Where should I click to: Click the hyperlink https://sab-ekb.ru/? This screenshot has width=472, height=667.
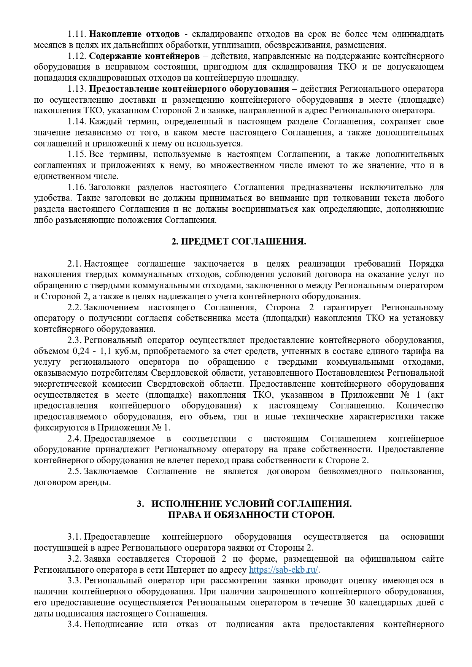pyautogui.click(x=283, y=570)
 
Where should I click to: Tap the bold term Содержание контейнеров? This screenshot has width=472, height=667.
pyautogui.click(x=144, y=56)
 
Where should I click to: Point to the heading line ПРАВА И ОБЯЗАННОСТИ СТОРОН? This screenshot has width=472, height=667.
pyautogui.click(x=251, y=515)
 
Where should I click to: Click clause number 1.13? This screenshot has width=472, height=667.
pyautogui.click(x=77, y=89)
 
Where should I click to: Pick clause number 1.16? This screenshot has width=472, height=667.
pyautogui.click(x=77, y=187)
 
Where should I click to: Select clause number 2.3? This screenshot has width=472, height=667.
pyautogui.click(x=75, y=340)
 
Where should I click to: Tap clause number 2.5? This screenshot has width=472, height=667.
pyautogui.click(x=75, y=472)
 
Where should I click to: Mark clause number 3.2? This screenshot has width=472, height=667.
pyautogui.click(x=75, y=559)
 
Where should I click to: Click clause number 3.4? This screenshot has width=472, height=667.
pyautogui.click(x=75, y=624)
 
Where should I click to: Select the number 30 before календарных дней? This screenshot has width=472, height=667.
pyautogui.click(x=351, y=603)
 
